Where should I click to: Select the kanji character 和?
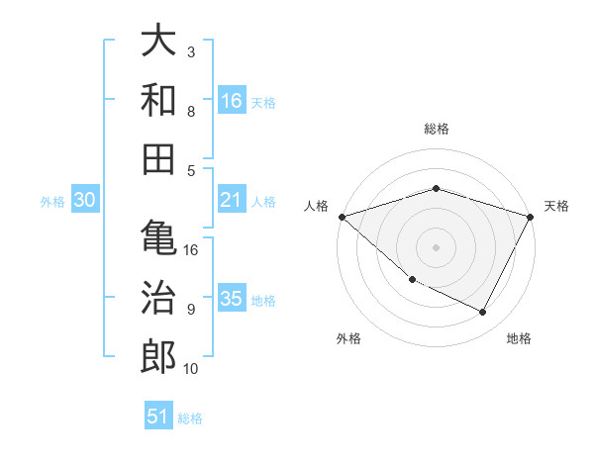158,99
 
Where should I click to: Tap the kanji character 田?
158,157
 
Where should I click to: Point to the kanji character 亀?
158,238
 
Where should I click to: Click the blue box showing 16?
232,100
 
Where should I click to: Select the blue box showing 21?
232,200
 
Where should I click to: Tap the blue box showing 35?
232,299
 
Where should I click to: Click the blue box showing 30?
84,200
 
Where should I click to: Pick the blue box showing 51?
158,417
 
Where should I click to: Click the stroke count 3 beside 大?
191,51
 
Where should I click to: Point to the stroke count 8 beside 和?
191,111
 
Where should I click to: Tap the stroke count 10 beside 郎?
191,369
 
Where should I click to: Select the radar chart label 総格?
436,129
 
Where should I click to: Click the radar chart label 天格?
556,206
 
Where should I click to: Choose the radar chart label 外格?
348,338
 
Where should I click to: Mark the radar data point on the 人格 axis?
342,216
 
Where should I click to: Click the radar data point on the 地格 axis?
483,312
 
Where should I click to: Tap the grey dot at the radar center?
436,246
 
